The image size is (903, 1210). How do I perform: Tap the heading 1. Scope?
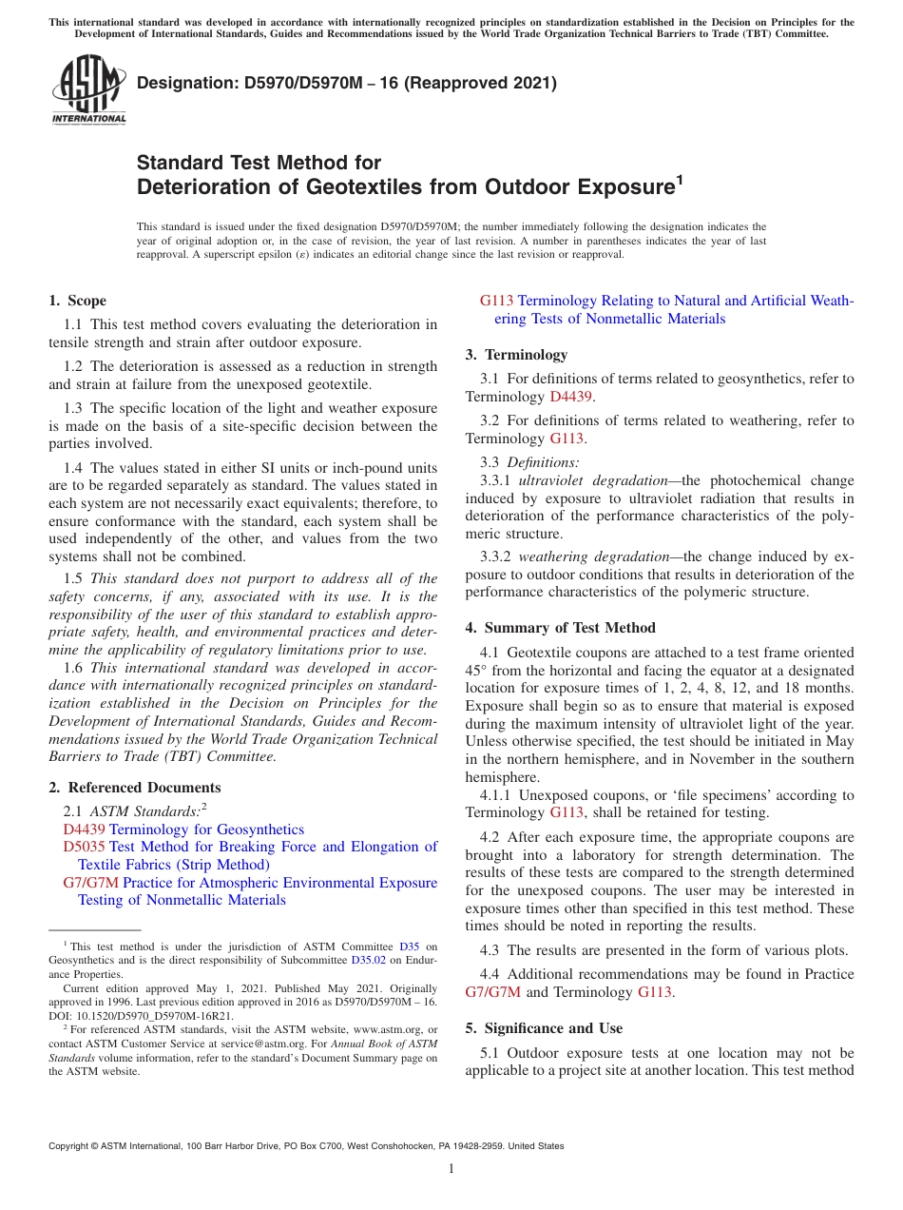pos(77,301)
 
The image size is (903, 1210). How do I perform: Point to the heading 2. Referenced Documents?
pos(134,788)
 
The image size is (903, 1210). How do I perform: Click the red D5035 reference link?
pos(84,847)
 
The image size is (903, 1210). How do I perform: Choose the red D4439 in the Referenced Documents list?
pos(84,829)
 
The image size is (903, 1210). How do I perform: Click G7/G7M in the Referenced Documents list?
pos(90,883)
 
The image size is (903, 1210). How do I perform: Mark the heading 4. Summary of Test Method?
pos(560,628)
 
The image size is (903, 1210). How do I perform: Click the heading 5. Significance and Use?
pos(544,1028)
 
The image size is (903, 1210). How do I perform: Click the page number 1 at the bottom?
pos(451,1169)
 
